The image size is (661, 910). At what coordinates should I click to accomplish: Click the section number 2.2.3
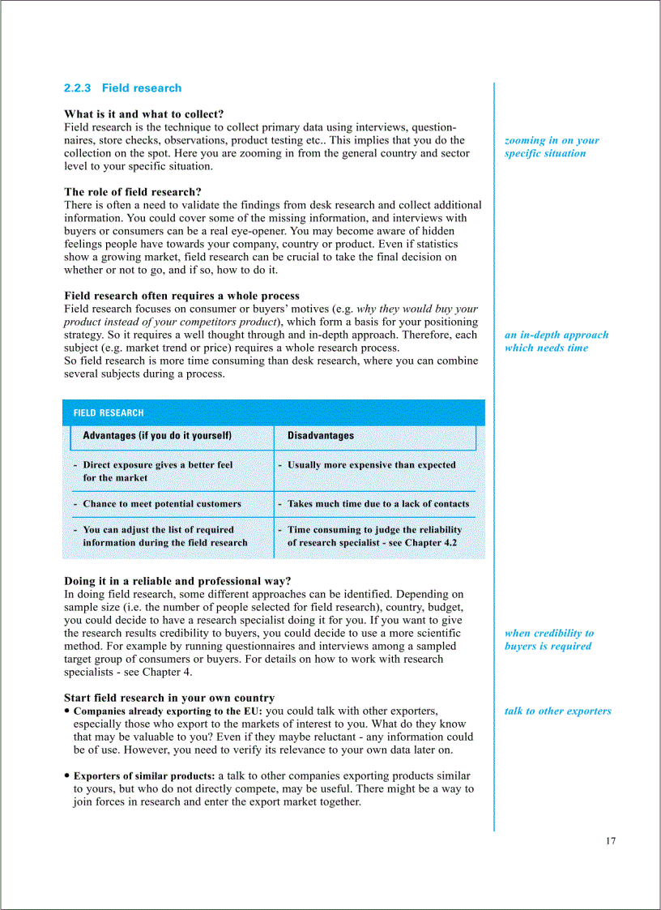[x=79, y=88]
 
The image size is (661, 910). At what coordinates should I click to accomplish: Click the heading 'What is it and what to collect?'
[x=143, y=114]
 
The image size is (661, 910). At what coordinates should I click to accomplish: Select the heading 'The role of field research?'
[x=133, y=192]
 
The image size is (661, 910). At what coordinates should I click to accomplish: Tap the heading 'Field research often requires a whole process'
[x=181, y=296]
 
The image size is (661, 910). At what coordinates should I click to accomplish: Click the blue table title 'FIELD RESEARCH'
[x=109, y=412]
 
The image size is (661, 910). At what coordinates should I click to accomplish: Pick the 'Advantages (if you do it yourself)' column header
[x=157, y=436]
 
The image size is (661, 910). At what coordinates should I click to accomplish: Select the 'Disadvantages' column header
[x=321, y=436]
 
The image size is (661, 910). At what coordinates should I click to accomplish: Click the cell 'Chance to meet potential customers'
[x=161, y=504]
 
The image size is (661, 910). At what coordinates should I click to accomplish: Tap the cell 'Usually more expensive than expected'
[x=371, y=465]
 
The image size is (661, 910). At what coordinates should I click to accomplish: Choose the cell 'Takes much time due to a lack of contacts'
[x=377, y=504]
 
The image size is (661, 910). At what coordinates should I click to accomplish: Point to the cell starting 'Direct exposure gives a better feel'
[x=157, y=472]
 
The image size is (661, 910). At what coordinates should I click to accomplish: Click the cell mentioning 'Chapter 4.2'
[x=373, y=536]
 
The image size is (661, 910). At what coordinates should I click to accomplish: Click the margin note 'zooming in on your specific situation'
[x=551, y=147]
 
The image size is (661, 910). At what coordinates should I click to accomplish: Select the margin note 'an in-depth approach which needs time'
[x=556, y=341]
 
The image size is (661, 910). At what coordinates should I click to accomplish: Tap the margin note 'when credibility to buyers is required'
[x=548, y=639]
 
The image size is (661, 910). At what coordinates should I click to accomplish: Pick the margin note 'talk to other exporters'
[x=557, y=711]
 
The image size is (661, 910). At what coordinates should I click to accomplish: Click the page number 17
[x=610, y=840]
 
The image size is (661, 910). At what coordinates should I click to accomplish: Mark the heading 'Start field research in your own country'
[x=168, y=698]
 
